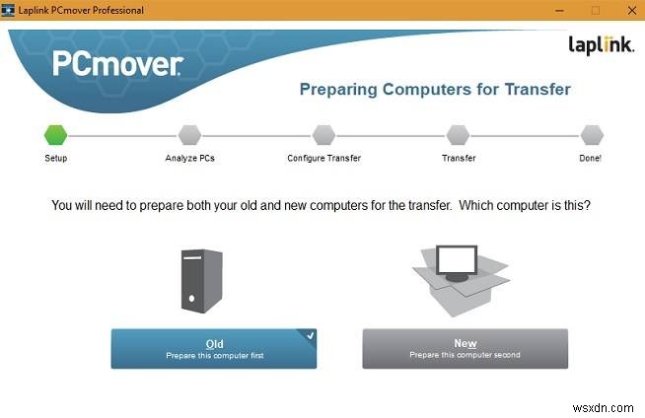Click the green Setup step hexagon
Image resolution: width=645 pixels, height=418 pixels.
(x=55, y=134)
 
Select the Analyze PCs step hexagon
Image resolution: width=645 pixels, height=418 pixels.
(x=188, y=134)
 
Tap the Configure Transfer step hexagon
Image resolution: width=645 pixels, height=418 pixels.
(x=323, y=134)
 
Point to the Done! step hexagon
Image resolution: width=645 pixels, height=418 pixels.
(x=591, y=134)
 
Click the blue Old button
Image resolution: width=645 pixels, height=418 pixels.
(x=214, y=348)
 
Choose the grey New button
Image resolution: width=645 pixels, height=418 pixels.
(x=466, y=348)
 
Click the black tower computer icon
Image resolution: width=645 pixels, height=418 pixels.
(x=202, y=282)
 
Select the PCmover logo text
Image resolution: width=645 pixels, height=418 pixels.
(x=117, y=65)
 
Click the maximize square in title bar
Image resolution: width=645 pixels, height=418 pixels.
(x=595, y=10)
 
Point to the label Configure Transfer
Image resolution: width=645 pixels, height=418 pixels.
(x=323, y=158)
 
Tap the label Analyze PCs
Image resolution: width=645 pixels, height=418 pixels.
(x=188, y=158)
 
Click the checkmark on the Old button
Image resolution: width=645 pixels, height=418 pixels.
(x=310, y=336)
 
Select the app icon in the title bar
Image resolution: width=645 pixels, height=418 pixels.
(x=9, y=10)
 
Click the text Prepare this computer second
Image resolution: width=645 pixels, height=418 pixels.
(x=466, y=355)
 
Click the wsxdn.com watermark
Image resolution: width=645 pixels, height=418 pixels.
(x=614, y=407)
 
